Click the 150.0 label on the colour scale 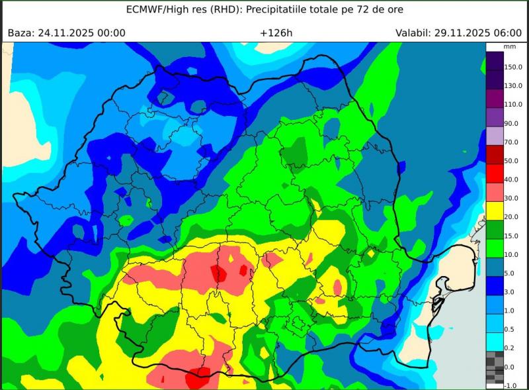pyautogui.click(x=513, y=67)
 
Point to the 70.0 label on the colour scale pyautogui.click(x=512, y=142)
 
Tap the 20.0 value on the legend pyautogui.click(x=512, y=217)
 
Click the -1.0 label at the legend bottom pyautogui.click(x=510, y=385)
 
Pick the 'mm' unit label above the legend pyautogui.click(x=509, y=47)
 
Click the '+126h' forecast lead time pyautogui.click(x=273, y=32)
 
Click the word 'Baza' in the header pyautogui.click(x=20, y=32)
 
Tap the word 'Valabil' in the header pyautogui.click(x=414, y=32)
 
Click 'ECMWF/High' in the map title pyautogui.click(x=159, y=10)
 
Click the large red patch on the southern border pyautogui.click(x=198, y=379)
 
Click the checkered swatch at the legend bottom pyautogui.click(x=495, y=367)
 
